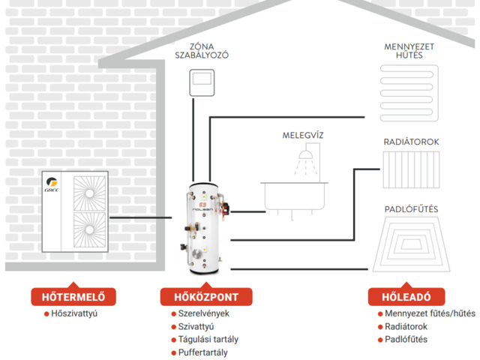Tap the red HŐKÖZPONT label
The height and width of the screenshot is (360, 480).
click(x=205, y=295)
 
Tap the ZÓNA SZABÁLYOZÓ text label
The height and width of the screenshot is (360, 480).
click(x=202, y=50)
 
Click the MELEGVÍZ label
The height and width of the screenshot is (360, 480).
click(x=303, y=135)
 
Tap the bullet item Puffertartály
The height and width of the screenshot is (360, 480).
click(x=202, y=352)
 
